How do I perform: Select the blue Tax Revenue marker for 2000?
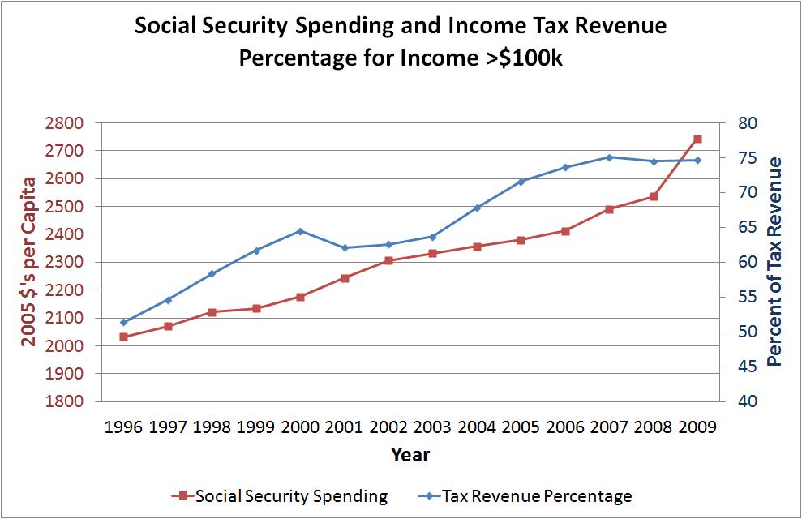coord(300,231)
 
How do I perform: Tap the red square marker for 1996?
coord(123,337)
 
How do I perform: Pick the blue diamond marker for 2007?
coord(609,157)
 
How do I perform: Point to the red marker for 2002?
coord(388,260)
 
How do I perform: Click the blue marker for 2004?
coord(477,208)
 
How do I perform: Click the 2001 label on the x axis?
coord(344,427)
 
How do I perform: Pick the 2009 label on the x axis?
coord(697,427)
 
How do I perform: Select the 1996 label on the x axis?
coord(123,427)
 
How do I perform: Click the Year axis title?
coord(410,454)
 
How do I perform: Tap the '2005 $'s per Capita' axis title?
coord(28,262)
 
